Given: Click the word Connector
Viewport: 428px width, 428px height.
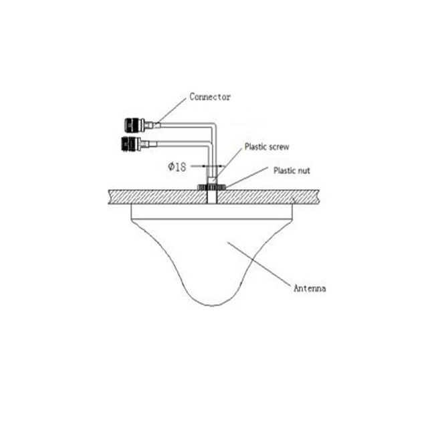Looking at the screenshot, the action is pyautogui.click(x=210, y=97).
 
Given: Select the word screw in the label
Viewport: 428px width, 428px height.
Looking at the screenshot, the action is pyautogui.click(x=278, y=147).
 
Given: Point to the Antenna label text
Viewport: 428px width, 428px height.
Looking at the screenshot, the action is pyautogui.click(x=310, y=288).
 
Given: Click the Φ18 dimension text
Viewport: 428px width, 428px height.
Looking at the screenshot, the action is pyautogui.click(x=177, y=167).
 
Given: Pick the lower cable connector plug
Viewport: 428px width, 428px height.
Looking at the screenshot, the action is pyautogui.click(x=138, y=143).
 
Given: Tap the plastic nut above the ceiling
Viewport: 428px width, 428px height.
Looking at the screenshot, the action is pyautogui.click(x=211, y=187).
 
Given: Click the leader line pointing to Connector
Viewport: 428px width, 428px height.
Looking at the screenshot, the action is pyautogui.click(x=172, y=110).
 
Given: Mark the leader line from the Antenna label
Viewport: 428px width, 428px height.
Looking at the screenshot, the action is pyautogui.click(x=259, y=264).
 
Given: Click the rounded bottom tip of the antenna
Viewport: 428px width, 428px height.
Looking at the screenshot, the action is pyautogui.click(x=212, y=306).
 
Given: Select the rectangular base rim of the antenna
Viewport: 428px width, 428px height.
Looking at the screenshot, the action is pyautogui.click(x=212, y=211).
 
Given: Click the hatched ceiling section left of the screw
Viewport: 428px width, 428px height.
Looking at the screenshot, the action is pyautogui.click(x=158, y=197).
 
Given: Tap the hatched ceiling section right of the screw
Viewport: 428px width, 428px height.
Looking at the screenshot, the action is pyautogui.click(x=269, y=197).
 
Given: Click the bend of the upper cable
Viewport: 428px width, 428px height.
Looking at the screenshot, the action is pyautogui.click(x=215, y=126).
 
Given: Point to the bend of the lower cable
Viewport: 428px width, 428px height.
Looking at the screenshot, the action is pyautogui.click(x=209, y=144).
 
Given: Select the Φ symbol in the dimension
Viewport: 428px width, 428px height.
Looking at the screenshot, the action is pyautogui.click(x=171, y=167).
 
